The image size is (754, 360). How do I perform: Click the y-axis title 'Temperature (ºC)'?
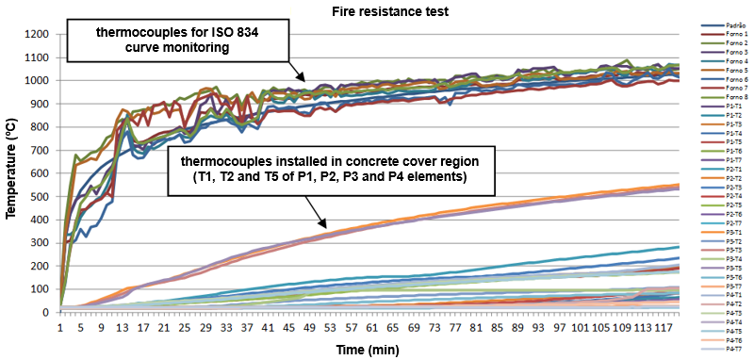pos(12,172)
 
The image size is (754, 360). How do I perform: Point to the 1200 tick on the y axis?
pos(36,34)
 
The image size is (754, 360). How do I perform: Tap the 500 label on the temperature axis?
pos(39,196)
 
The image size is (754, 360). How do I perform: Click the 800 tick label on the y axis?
pos(39,126)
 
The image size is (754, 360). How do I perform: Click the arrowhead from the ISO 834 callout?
pos(302,80)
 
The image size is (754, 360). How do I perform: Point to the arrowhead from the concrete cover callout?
pos(323,227)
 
